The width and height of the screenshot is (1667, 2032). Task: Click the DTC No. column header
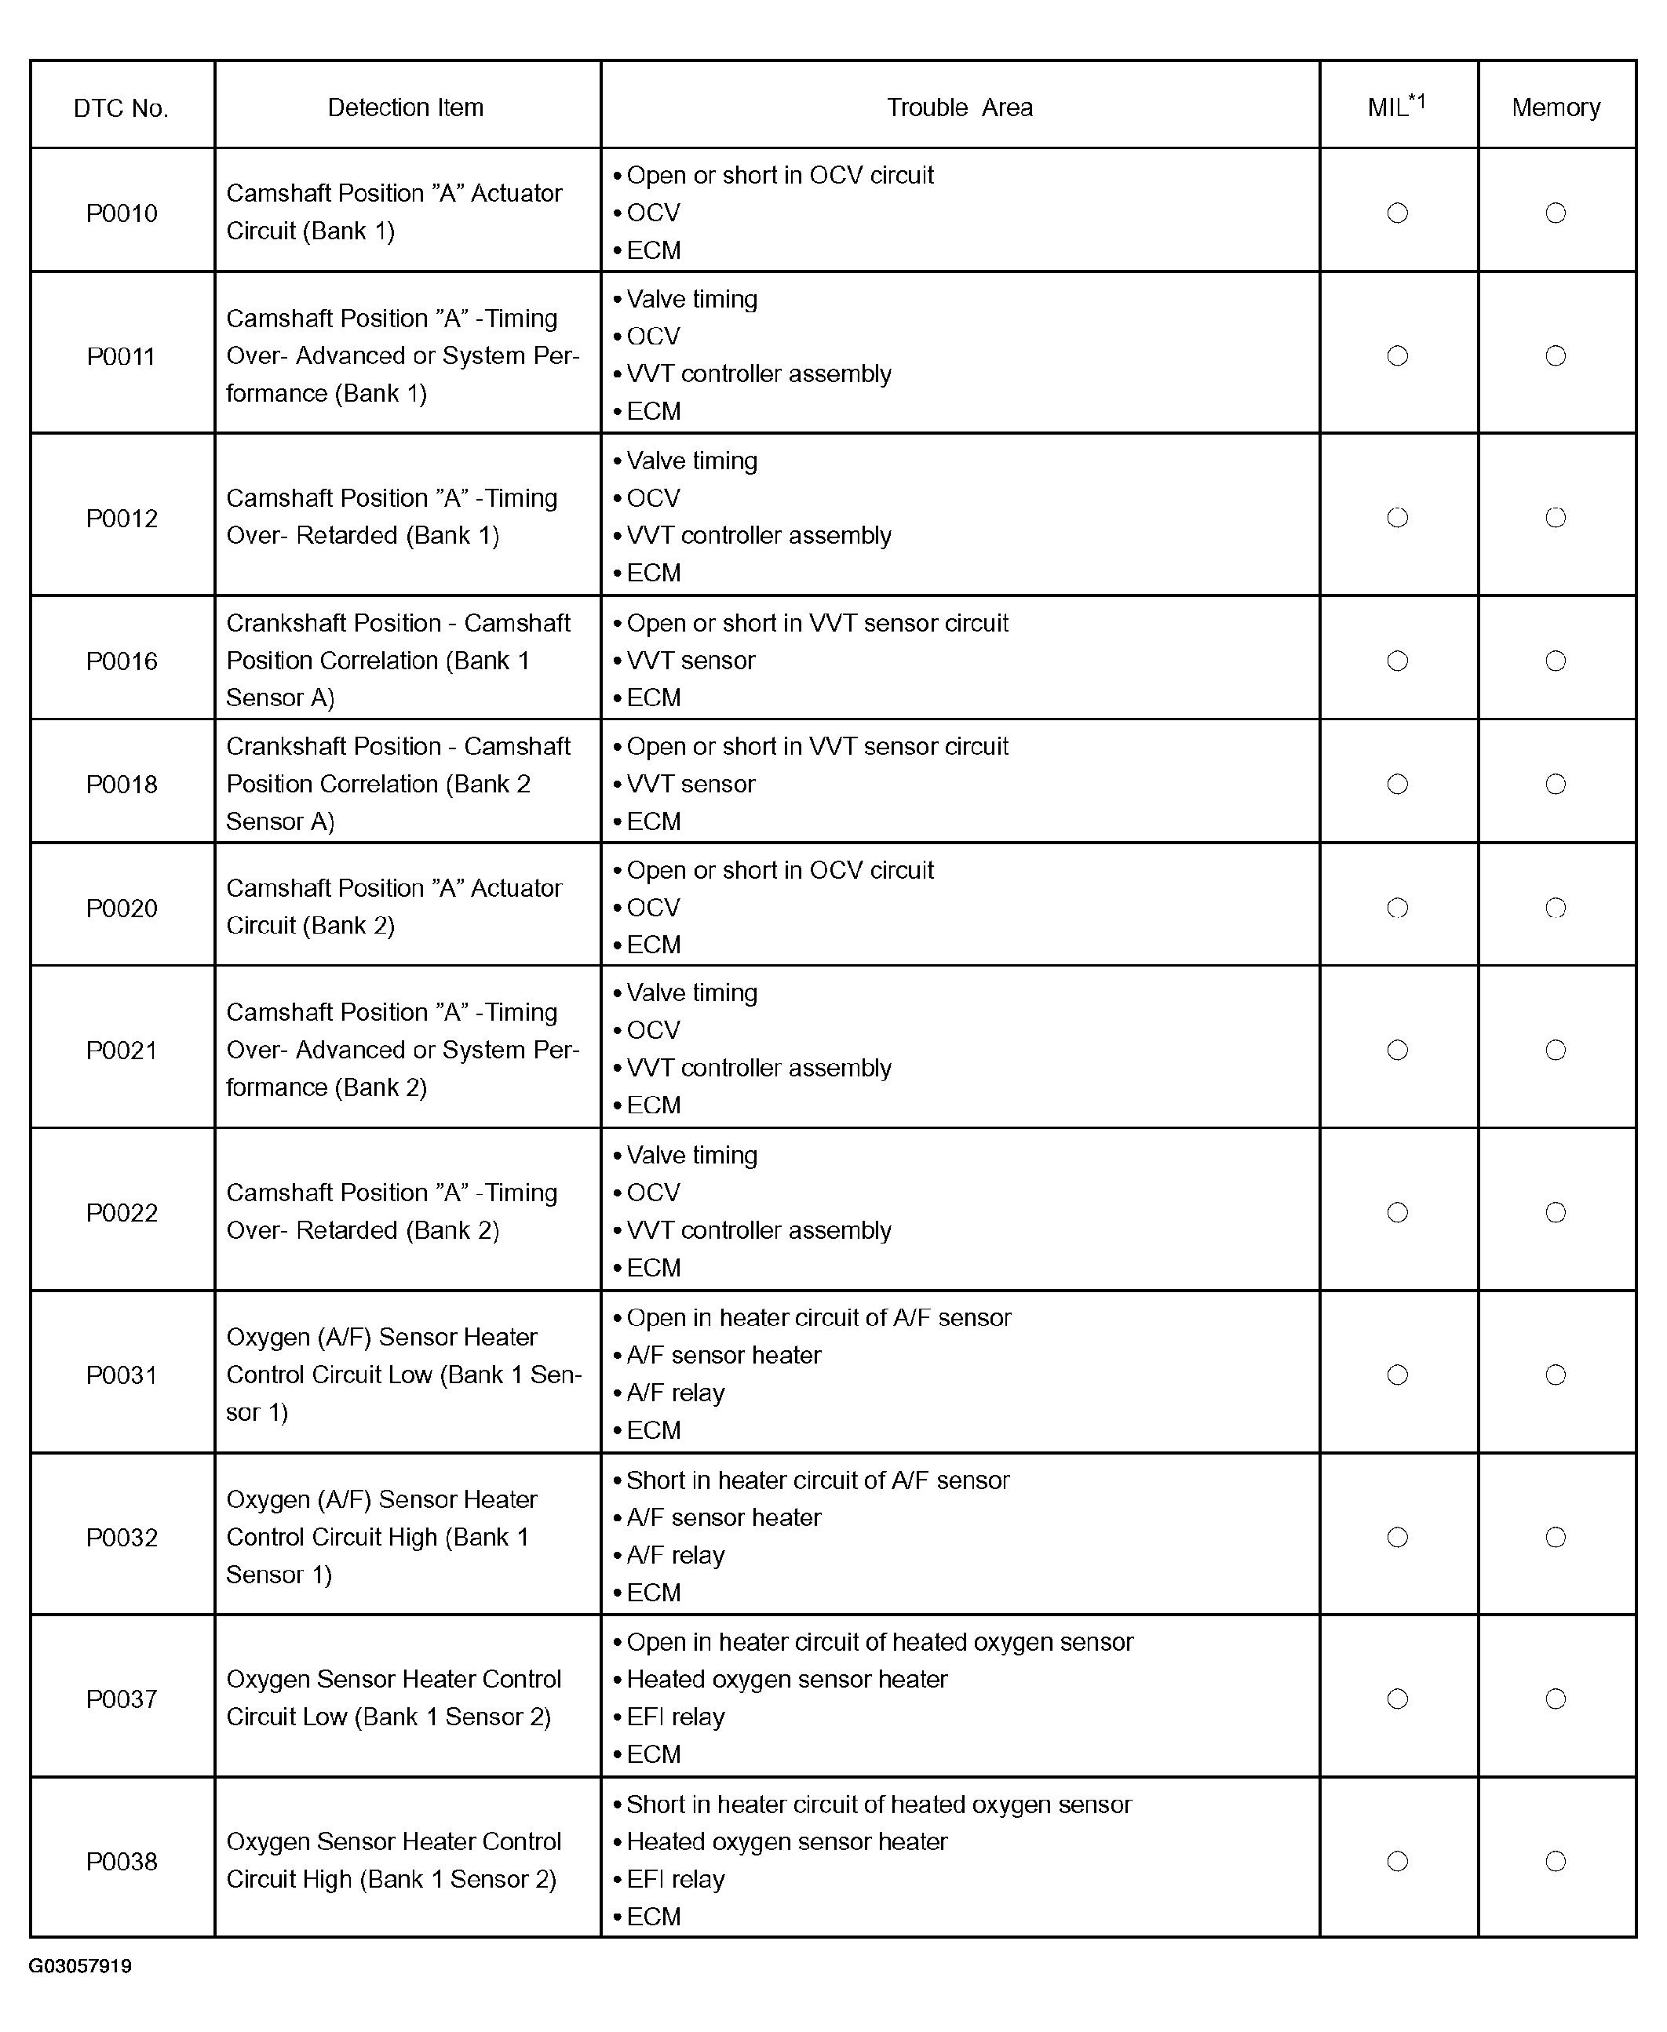121,107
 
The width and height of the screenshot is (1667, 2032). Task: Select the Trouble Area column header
959,107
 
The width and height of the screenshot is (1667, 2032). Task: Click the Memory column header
1556,107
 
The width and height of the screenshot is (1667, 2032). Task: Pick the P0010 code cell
122,213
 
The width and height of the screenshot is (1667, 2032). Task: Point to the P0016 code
122,661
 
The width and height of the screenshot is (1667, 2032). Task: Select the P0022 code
122,1213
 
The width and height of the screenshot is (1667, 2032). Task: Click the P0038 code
122,1862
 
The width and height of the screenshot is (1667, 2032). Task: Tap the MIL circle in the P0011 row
1398,356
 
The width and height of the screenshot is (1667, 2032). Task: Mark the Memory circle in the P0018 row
1556,785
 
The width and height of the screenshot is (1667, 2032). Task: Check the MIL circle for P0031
1398,1375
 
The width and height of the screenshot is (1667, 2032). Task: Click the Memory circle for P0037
1556,1700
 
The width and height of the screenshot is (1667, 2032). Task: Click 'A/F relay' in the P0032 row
675,1556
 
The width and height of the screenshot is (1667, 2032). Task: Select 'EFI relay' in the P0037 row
675,1717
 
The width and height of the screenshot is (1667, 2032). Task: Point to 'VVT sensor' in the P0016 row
691,661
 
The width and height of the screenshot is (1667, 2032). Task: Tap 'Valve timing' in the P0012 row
691,461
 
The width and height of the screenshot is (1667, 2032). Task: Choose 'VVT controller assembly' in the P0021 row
759,1069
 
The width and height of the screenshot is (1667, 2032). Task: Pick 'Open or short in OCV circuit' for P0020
779,871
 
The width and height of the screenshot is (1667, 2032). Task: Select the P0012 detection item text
392,516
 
